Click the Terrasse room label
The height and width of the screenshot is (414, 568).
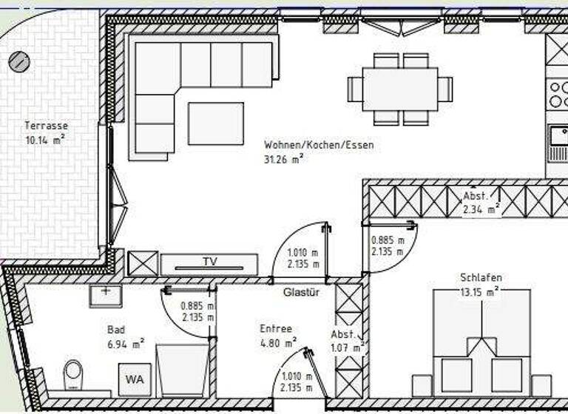(46, 126)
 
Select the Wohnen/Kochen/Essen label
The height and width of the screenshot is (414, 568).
(318, 146)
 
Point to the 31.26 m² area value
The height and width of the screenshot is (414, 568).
(284, 158)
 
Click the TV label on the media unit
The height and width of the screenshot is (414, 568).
(210, 262)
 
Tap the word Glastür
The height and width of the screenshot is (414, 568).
(302, 293)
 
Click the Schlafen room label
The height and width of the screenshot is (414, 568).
(481, 277)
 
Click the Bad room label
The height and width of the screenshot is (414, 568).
(115, 330)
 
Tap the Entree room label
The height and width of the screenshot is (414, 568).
(276, 328)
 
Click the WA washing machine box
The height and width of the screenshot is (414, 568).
(134, 379)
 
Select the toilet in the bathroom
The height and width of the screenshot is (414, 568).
(73, 374)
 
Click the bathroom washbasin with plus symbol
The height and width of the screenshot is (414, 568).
(106, 294)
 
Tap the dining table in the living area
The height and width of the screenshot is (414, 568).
(399, 89)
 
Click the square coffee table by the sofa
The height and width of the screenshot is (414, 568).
(215, 123)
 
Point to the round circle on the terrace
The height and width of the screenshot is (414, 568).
(18, 61)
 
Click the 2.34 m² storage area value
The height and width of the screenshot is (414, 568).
(480, 209)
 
